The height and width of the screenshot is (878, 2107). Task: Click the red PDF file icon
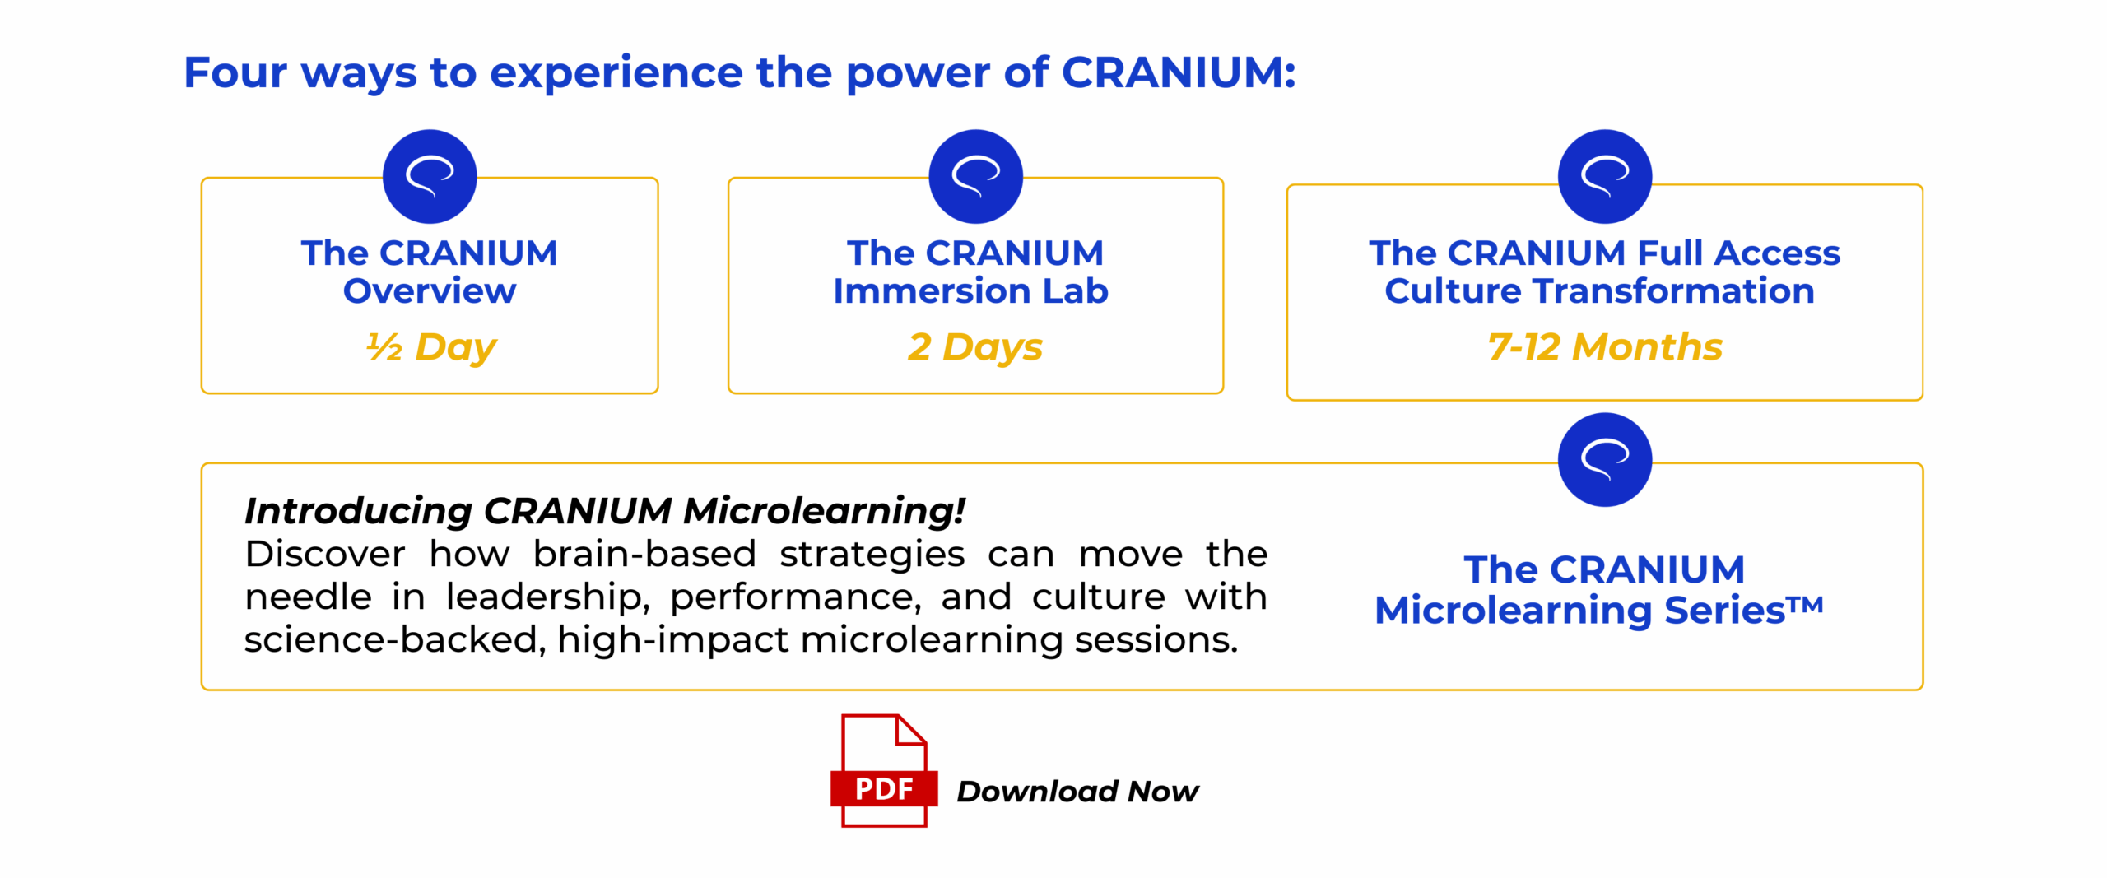click(884, 770)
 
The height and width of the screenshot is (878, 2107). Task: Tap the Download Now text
click(1077, 791)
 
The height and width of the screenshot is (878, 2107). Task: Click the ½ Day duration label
click(431, 347)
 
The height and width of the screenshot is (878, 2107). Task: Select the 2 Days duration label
click(975, 347)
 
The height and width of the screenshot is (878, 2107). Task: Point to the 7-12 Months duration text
click(1605, 346)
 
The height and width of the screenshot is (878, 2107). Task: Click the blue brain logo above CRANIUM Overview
click(430, 176)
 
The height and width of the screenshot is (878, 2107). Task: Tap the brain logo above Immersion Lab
click(976, 176)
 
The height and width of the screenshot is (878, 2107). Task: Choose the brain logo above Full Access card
click(1605, 176)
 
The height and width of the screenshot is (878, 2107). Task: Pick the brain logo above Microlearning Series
click(1605, 459)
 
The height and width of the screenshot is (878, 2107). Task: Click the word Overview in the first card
click(430, 291)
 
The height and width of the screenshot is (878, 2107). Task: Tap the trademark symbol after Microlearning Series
click(1806, 605)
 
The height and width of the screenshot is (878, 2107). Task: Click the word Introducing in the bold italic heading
click(358, 511)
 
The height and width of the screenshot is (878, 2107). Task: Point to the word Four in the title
click(235, 72)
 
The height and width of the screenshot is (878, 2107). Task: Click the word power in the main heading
click(918, 74)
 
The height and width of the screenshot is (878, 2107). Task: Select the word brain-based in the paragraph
click(644, 554)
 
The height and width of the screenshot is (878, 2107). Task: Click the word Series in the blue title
click(1724, 611)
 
